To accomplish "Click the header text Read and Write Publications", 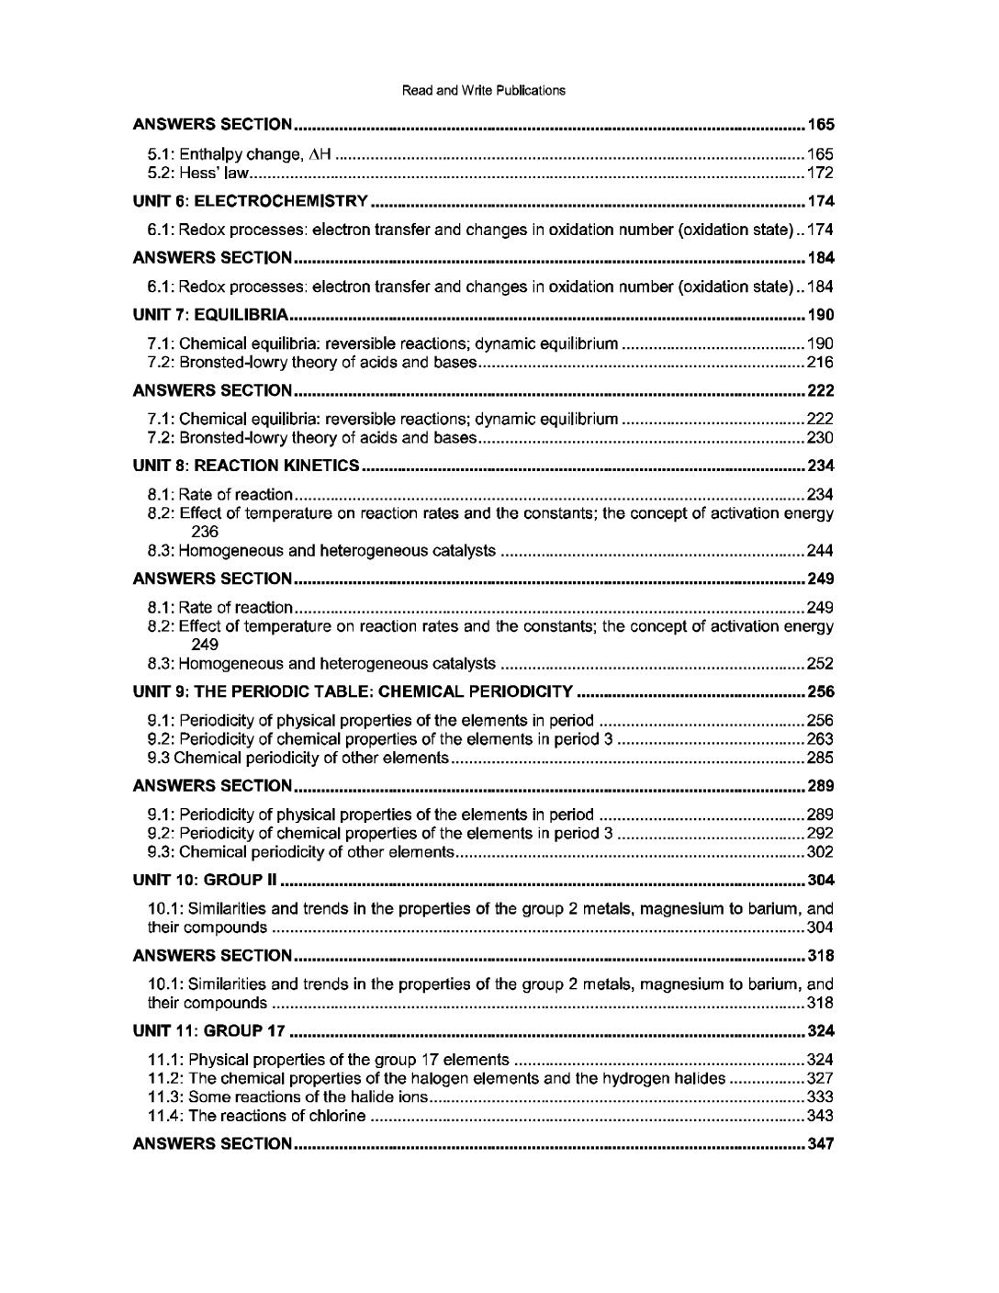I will [x=484, y=90].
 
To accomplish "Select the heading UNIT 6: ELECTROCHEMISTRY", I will [x=251, y=201].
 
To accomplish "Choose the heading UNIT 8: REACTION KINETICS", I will [x=246, y=466].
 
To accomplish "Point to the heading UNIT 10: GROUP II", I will [x=204, y=881].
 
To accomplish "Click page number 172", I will [x=819, y=173].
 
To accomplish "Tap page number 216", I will [x=819, y=363].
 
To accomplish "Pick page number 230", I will [x=819, y=438].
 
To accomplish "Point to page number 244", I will [x=819, y=551].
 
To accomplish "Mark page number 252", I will [x=819, y=664].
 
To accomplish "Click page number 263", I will [x=819, y=739].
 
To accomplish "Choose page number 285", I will [x=819, y=758].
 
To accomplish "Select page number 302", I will [x=819, y=852].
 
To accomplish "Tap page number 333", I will [x=819, y=1097].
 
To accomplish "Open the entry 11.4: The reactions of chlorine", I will [x=257, y=1116].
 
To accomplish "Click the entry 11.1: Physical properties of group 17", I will [x=329, y=1060].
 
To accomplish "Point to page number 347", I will [x=820, y=1144].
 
